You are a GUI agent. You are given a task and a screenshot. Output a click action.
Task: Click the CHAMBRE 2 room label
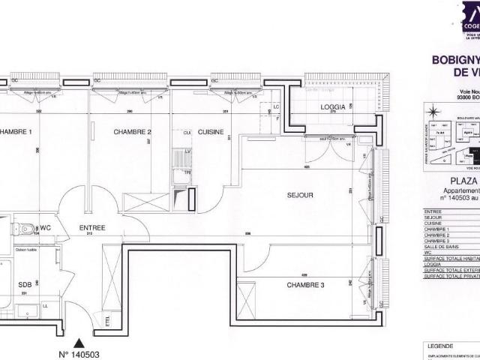point(133,111)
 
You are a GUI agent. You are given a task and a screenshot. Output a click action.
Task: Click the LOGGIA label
point(333,107)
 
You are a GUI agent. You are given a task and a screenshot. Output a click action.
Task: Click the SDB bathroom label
point(25,285)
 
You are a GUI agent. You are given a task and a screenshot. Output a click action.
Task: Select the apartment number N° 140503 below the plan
point(78,355)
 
